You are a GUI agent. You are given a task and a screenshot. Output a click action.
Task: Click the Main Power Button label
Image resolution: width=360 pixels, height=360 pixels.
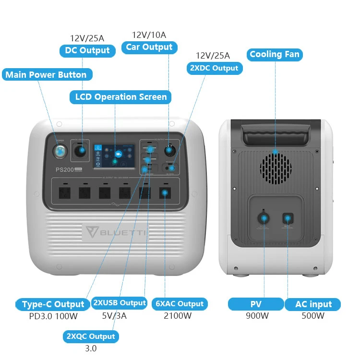[46, 75]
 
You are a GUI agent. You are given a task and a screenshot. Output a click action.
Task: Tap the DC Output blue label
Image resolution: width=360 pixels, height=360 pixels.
[87, 50]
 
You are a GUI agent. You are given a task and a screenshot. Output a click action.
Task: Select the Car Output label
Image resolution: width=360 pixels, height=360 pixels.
[149, 47]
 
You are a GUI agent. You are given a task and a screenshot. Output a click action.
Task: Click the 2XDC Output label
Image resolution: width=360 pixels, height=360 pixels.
[214, 68]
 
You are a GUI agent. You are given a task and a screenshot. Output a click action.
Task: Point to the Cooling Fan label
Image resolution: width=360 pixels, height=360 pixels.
[275, 54]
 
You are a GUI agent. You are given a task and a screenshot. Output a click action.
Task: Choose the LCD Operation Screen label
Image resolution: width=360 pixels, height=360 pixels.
[121, 97]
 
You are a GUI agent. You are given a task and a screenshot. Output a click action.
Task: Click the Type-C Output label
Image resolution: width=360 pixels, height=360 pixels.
[53, 304]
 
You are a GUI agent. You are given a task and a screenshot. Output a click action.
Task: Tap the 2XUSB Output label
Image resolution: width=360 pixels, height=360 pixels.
[119, 303]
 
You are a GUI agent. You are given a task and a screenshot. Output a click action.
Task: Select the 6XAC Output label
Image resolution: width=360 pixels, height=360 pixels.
[180, 304]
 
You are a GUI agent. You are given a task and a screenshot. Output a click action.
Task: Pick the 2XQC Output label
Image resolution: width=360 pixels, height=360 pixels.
[91, 336]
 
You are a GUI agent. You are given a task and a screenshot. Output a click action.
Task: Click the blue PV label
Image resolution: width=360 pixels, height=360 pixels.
[256, 304]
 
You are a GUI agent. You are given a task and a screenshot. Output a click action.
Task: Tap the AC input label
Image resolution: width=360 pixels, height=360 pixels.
[313, 304]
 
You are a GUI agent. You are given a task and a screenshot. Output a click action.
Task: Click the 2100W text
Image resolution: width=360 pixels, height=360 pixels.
[178, 316]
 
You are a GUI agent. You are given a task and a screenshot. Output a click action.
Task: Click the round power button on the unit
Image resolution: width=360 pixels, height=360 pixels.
[60, 150]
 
